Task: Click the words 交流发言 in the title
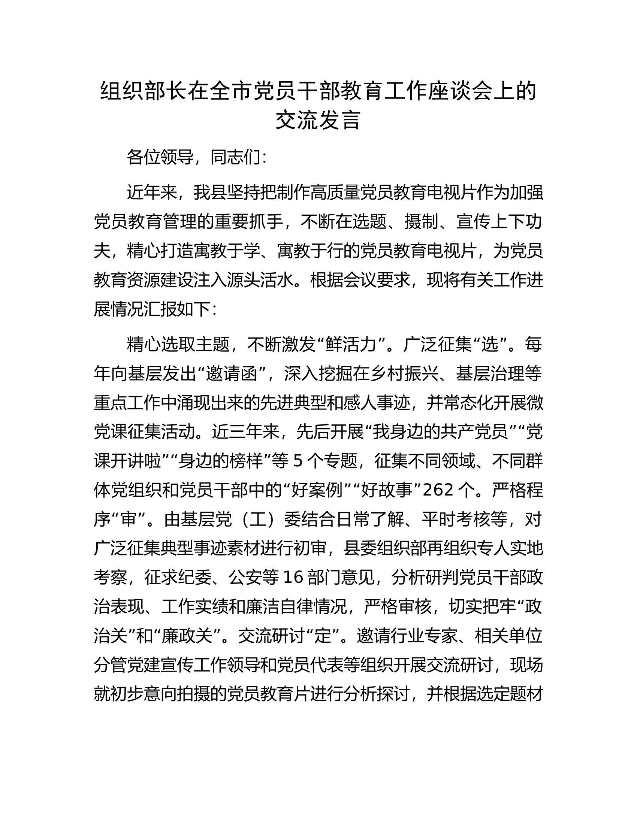click(x=318, y=120)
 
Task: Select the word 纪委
click(x=194, y=577)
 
